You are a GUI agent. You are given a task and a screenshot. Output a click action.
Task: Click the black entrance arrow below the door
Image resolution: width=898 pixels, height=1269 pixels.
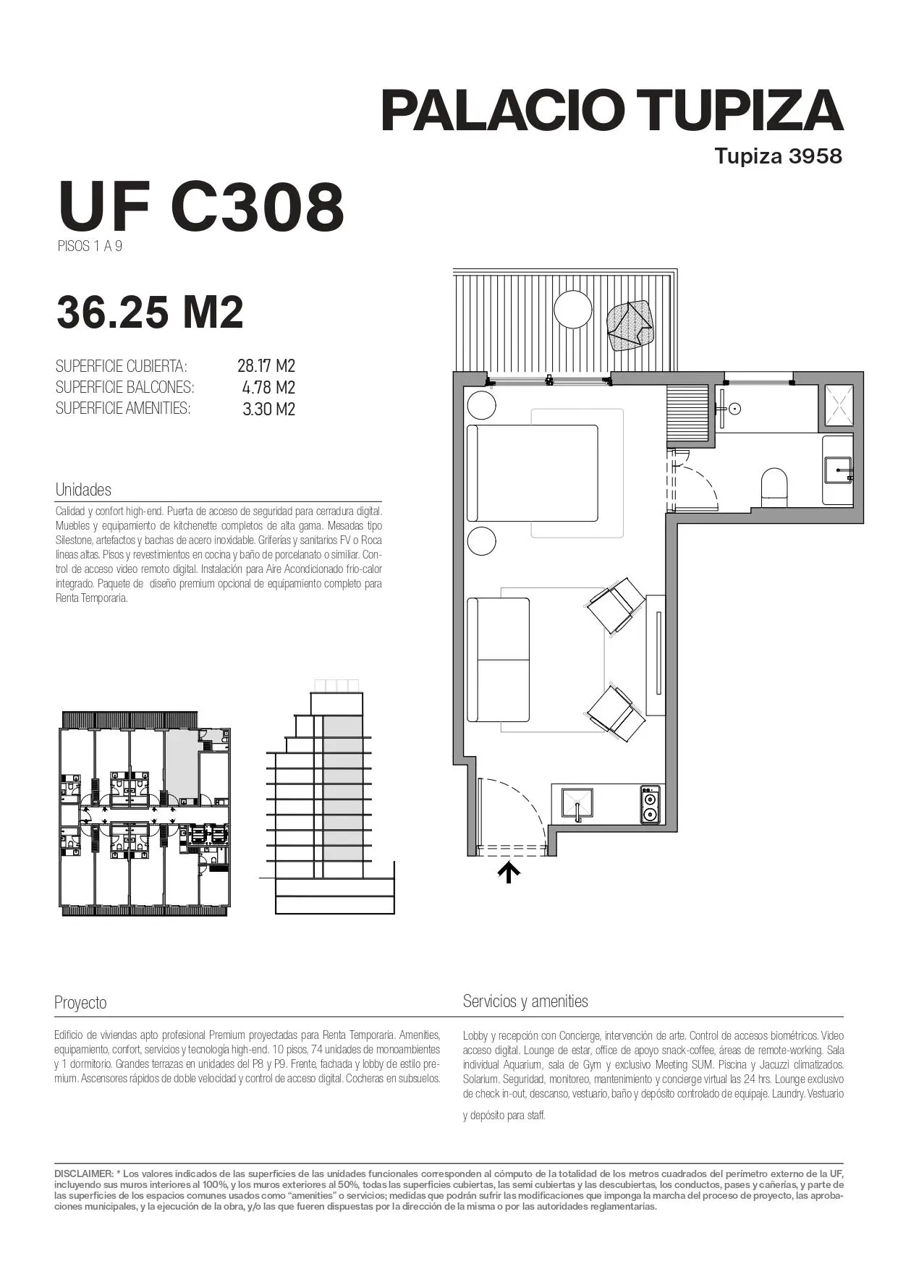pos(509,872)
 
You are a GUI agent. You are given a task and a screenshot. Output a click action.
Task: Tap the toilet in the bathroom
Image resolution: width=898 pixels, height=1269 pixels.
pos(774,484)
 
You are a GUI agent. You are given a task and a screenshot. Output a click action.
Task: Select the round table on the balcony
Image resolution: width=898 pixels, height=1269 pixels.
pos(573,310)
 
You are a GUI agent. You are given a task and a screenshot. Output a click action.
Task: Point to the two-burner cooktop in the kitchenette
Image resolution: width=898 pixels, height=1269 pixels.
pos(651,805)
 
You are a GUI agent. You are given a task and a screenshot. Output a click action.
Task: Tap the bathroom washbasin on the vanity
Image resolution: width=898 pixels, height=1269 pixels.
pos(839,470)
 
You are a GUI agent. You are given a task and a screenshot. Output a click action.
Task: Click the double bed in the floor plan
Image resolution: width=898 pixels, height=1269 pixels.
pos(533,473)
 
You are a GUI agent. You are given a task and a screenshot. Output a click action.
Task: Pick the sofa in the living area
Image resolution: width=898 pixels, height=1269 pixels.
pos(498,659)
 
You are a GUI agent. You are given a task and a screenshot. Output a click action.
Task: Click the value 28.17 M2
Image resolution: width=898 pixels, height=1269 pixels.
pos(266,366)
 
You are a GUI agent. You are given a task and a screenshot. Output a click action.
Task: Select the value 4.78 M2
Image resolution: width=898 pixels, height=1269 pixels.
pos(268,388)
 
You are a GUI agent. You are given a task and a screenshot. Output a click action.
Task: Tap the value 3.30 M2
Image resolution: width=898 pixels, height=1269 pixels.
pos(268,409)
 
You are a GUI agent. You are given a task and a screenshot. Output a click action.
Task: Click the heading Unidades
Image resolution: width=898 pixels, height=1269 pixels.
pos(83,490)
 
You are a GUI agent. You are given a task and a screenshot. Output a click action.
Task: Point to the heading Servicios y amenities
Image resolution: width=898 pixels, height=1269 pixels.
pos(525,1001)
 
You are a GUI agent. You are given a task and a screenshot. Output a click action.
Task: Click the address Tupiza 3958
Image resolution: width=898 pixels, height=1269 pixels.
pos(779,156)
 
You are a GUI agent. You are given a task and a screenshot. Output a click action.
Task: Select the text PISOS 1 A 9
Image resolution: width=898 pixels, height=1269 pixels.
pos(90,246)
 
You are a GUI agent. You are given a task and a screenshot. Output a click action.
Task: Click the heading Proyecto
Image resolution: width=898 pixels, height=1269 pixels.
pos(80,1003)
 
